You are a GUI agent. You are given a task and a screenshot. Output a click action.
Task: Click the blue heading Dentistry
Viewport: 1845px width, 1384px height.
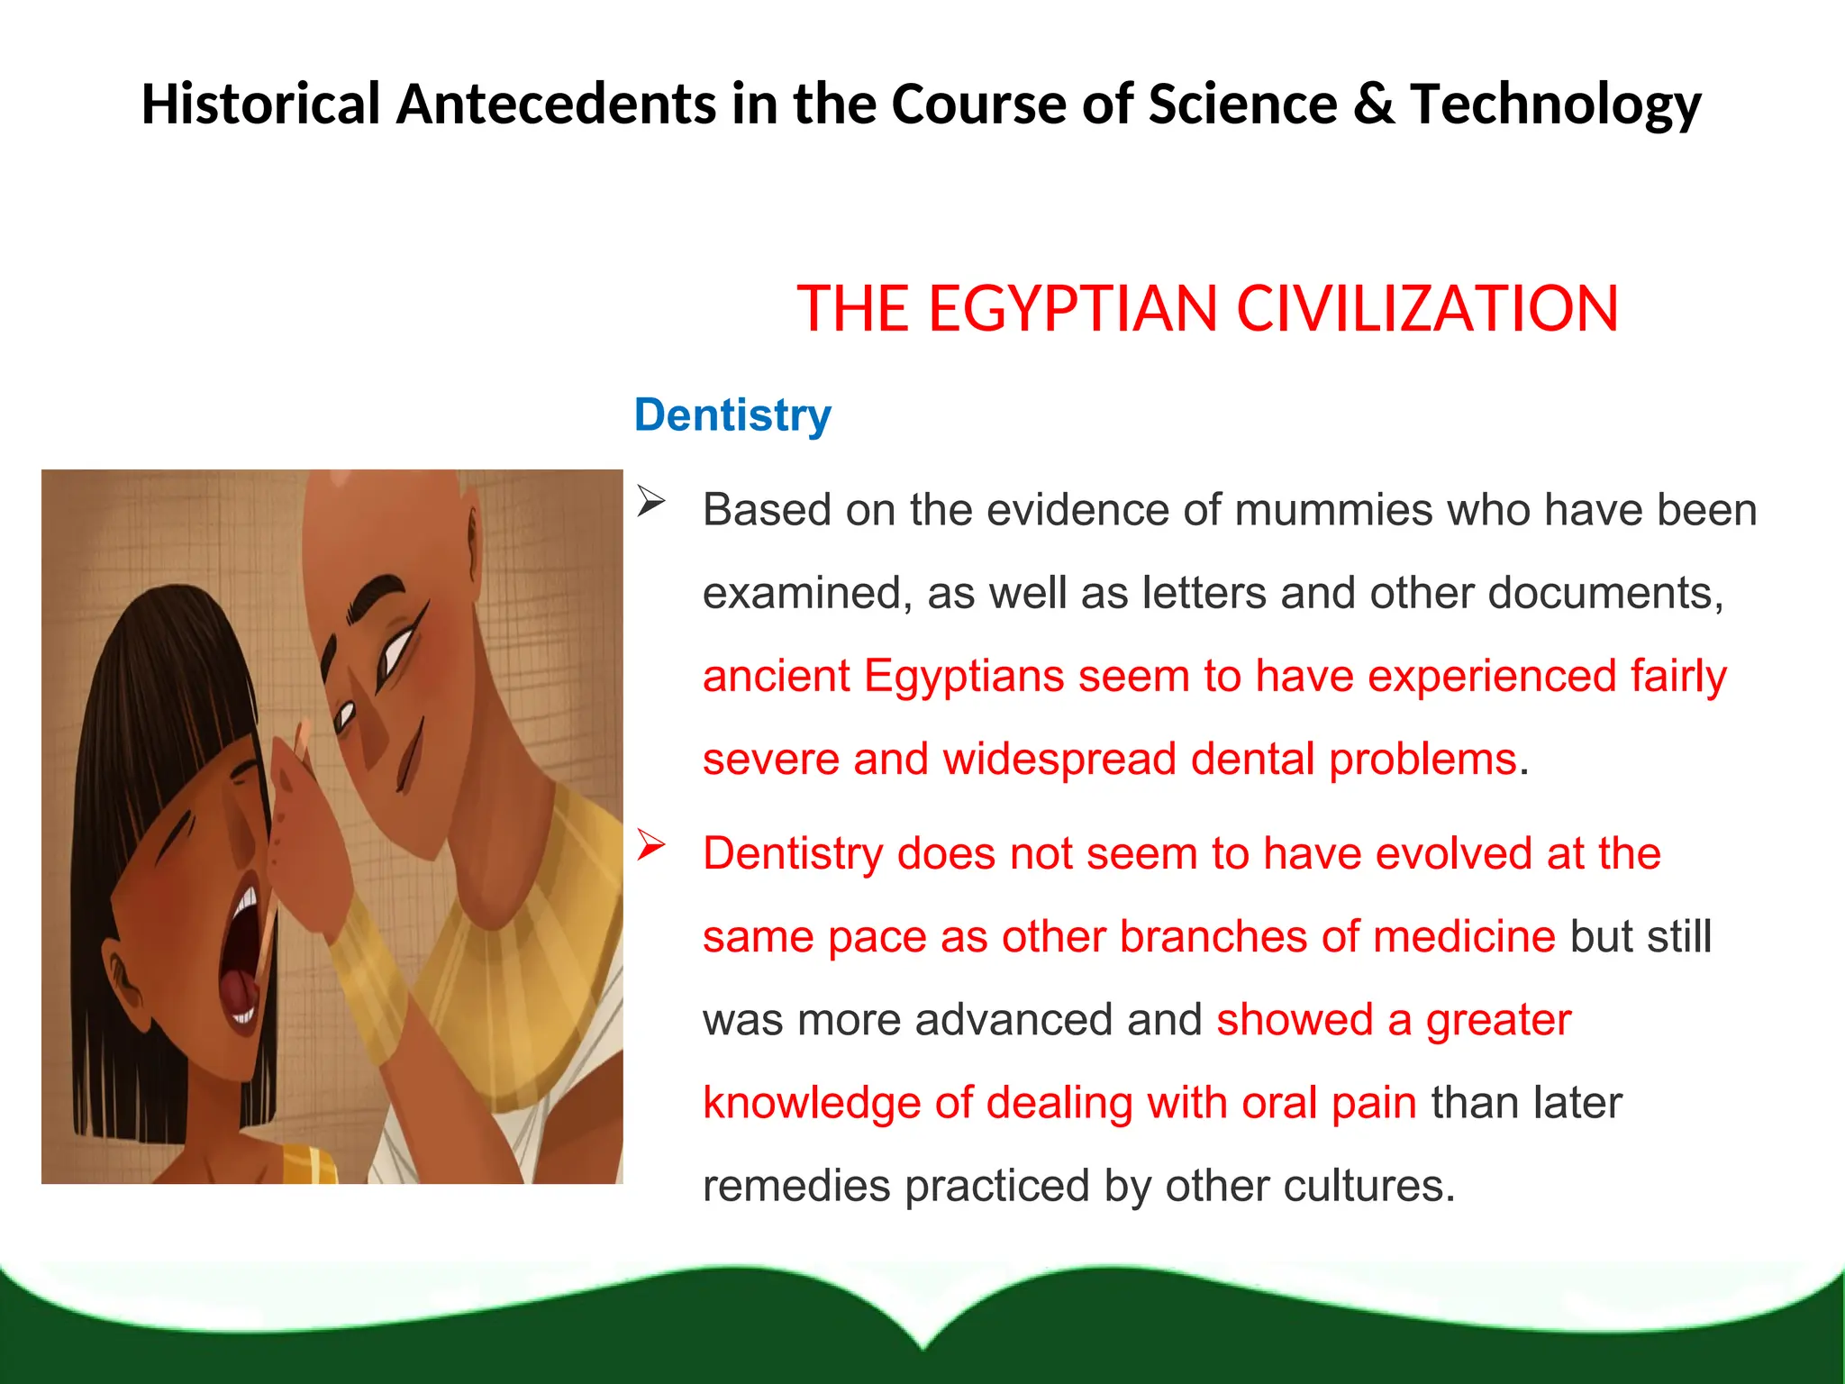pos(732,415)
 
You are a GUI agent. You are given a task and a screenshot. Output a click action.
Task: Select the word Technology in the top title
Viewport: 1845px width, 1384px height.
pos(1555,105)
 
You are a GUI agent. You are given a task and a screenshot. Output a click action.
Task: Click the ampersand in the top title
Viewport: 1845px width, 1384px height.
pos(1373,104)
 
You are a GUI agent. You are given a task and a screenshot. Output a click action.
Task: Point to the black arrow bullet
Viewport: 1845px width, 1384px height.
pos(650,501)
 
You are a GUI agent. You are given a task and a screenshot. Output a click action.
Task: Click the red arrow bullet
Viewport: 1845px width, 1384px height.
pos(650,844)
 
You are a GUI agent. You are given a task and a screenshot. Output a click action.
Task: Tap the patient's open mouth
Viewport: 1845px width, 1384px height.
pos(242,955)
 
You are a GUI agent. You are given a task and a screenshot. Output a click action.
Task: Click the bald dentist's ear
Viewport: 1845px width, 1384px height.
pos(471,541)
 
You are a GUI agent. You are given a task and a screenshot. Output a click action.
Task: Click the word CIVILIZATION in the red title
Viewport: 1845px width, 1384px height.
pos(1427,309)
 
